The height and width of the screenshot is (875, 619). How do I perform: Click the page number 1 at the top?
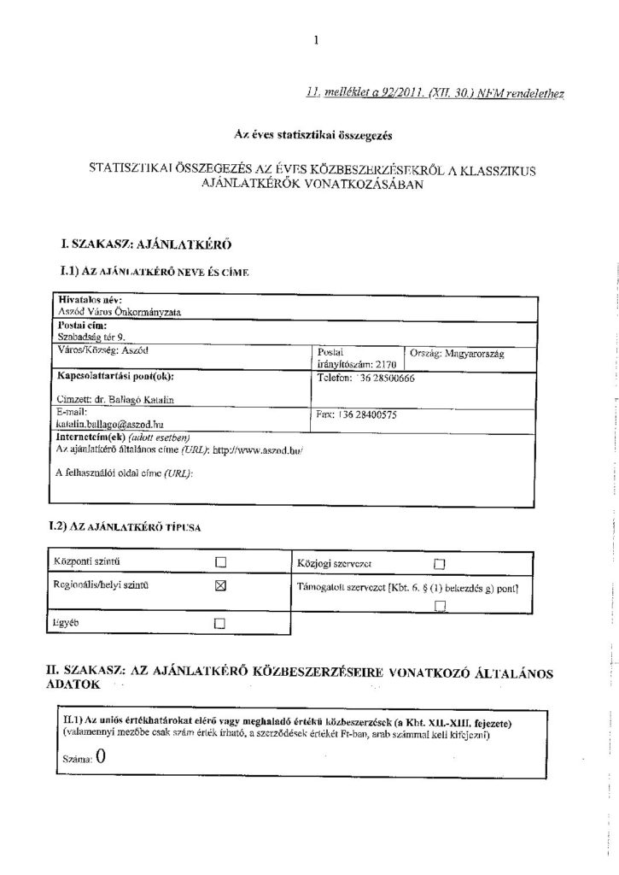tap(315, 38)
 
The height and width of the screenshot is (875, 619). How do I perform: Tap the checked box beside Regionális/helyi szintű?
tap(219, 585)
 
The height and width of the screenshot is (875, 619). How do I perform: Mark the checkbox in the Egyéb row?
tap(219, 623)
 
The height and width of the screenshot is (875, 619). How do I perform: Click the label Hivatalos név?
tap(90, 301)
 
